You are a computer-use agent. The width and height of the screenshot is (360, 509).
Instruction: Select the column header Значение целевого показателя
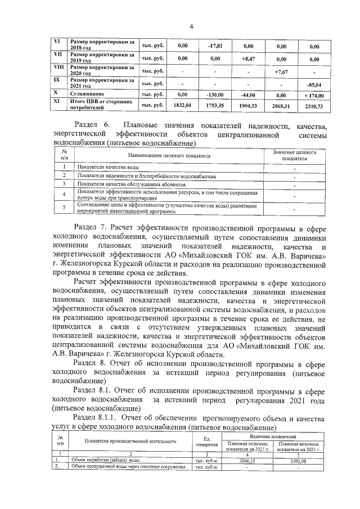[x=294, y=155]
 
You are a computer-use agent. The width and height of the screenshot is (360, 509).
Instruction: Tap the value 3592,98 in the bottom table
[x=303, y=460]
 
